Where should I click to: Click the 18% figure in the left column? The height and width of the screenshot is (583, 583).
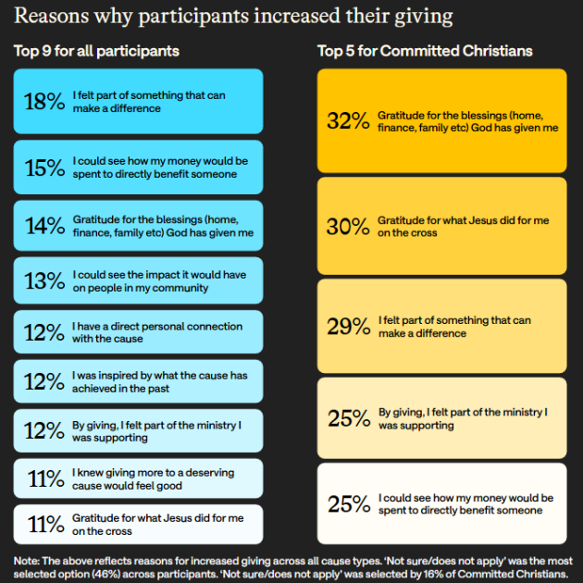point(44,102)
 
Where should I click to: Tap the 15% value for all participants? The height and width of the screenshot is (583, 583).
point(44,167)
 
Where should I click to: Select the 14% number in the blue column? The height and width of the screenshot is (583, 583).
point(44,227)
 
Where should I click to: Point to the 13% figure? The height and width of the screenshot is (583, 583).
point(44,281)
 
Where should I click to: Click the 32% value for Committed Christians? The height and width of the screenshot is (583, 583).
point(348,121)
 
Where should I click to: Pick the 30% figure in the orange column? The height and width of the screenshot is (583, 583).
point(348,227)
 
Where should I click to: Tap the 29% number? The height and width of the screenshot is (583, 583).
point(348,327)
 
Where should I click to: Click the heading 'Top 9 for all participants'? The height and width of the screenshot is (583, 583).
point(97,51)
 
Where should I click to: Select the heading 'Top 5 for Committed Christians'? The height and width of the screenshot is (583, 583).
point(425,51)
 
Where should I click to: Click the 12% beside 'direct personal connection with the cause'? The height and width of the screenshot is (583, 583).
point(44,332)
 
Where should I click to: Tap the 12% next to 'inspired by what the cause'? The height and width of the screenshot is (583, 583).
point(44,382)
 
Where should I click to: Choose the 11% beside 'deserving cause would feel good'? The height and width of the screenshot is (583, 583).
point(44,479)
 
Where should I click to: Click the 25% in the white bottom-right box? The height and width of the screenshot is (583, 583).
point(348,503)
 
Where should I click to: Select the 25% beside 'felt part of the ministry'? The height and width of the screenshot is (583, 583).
point(348,418)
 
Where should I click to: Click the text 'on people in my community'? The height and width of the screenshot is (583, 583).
point(140,288)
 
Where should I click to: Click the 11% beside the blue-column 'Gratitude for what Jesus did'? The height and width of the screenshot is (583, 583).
point(44,525)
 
